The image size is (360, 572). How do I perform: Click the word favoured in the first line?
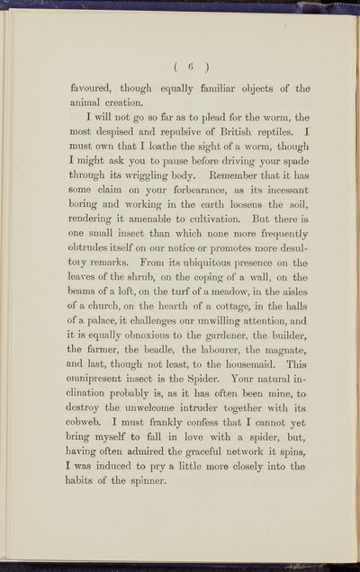point(95,90)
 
